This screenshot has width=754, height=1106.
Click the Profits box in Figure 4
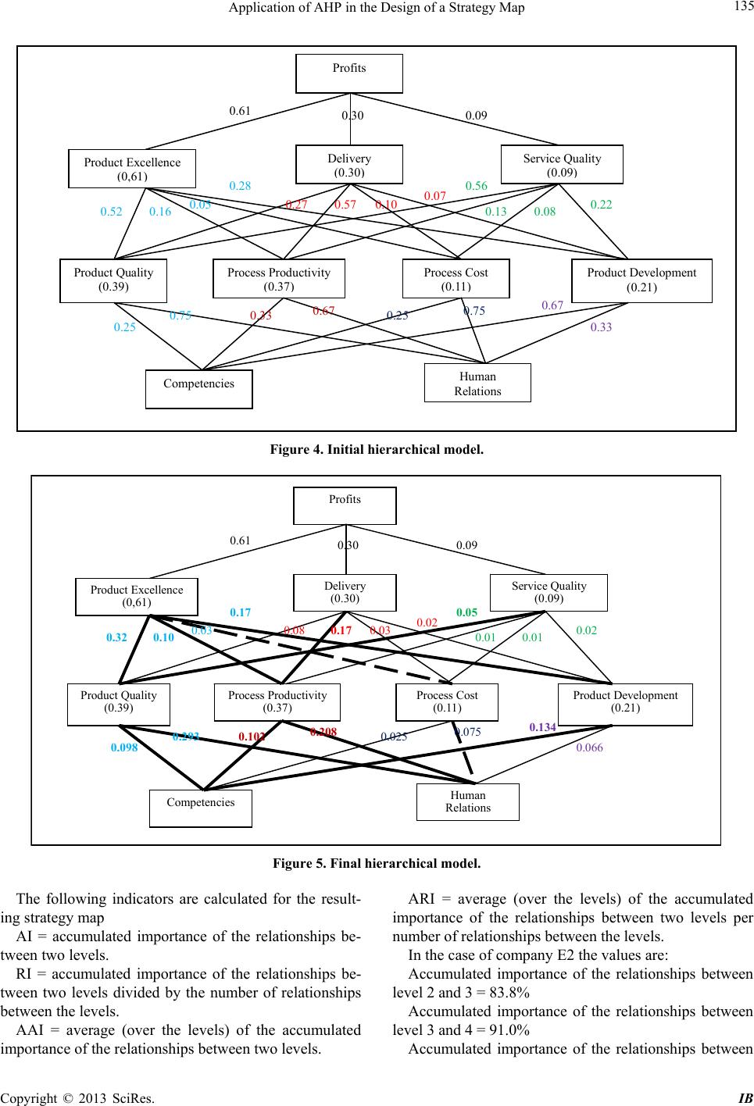(349, 73)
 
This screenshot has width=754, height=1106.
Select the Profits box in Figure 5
(345, 505)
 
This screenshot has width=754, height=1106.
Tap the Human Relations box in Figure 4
(477, 383)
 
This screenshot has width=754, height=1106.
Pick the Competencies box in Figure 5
(200, 808)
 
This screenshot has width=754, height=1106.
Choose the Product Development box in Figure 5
(625, 701)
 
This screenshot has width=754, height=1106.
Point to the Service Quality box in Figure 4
(562, 164)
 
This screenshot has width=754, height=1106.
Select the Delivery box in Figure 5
(345, 592)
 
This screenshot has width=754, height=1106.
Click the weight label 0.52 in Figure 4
(111, 212)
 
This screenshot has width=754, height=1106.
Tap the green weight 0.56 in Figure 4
(476, 186)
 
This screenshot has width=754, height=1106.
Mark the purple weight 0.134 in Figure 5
(542, 727)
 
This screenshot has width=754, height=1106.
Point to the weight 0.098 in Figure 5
(124, 748)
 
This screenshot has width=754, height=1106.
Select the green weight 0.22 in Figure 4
(601, 205)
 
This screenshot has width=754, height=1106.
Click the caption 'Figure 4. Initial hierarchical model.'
(377, 451)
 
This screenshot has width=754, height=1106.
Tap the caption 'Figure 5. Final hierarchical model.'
(377, 865)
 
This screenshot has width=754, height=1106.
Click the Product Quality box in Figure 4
(113, 280)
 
